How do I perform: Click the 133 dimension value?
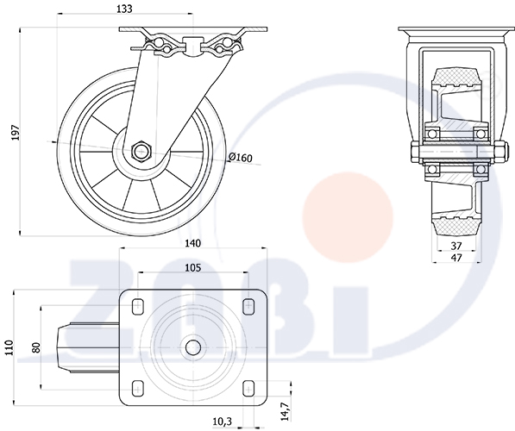(124, 9)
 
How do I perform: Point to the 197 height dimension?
(16, 132)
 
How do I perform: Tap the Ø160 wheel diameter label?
(241, 158)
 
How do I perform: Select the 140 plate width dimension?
(192, 243)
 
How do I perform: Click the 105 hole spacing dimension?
(192, 268)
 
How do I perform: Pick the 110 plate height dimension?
(9, 348)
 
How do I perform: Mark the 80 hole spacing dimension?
(36, 347)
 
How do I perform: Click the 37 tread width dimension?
(456, 246)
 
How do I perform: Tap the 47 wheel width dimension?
(456, 258)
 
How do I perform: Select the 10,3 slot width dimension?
(223, 422)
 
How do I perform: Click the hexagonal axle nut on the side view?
(141, 152)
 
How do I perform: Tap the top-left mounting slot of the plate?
(138, 306)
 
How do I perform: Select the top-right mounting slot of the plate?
(248, 306)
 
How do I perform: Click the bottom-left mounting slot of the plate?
(138, 389)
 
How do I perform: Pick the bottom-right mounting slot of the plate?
(248, 389)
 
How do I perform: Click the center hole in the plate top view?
(193, 347)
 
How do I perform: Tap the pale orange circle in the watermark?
(348, 217)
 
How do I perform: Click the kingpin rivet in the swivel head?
(192, 47)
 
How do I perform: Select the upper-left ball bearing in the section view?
(432, 134)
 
